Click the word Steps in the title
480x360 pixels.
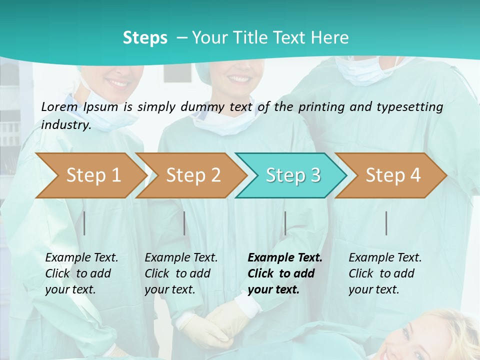pos(145,38)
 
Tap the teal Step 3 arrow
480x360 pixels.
pos(293,175)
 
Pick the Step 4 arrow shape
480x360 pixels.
pos(393,175)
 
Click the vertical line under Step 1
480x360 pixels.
pos(84,223)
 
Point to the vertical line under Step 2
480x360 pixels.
pos(184,223)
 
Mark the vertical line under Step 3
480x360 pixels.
pos(285,223)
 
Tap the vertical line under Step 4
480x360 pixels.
pos(386,223)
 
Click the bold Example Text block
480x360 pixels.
pos(284,273)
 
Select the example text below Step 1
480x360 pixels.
pos(81,273)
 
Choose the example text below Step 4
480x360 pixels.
pos(384,273)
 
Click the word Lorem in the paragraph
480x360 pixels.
pos(59,107)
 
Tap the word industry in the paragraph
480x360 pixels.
pos(65,125)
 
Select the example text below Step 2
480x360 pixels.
pos(181,273)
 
